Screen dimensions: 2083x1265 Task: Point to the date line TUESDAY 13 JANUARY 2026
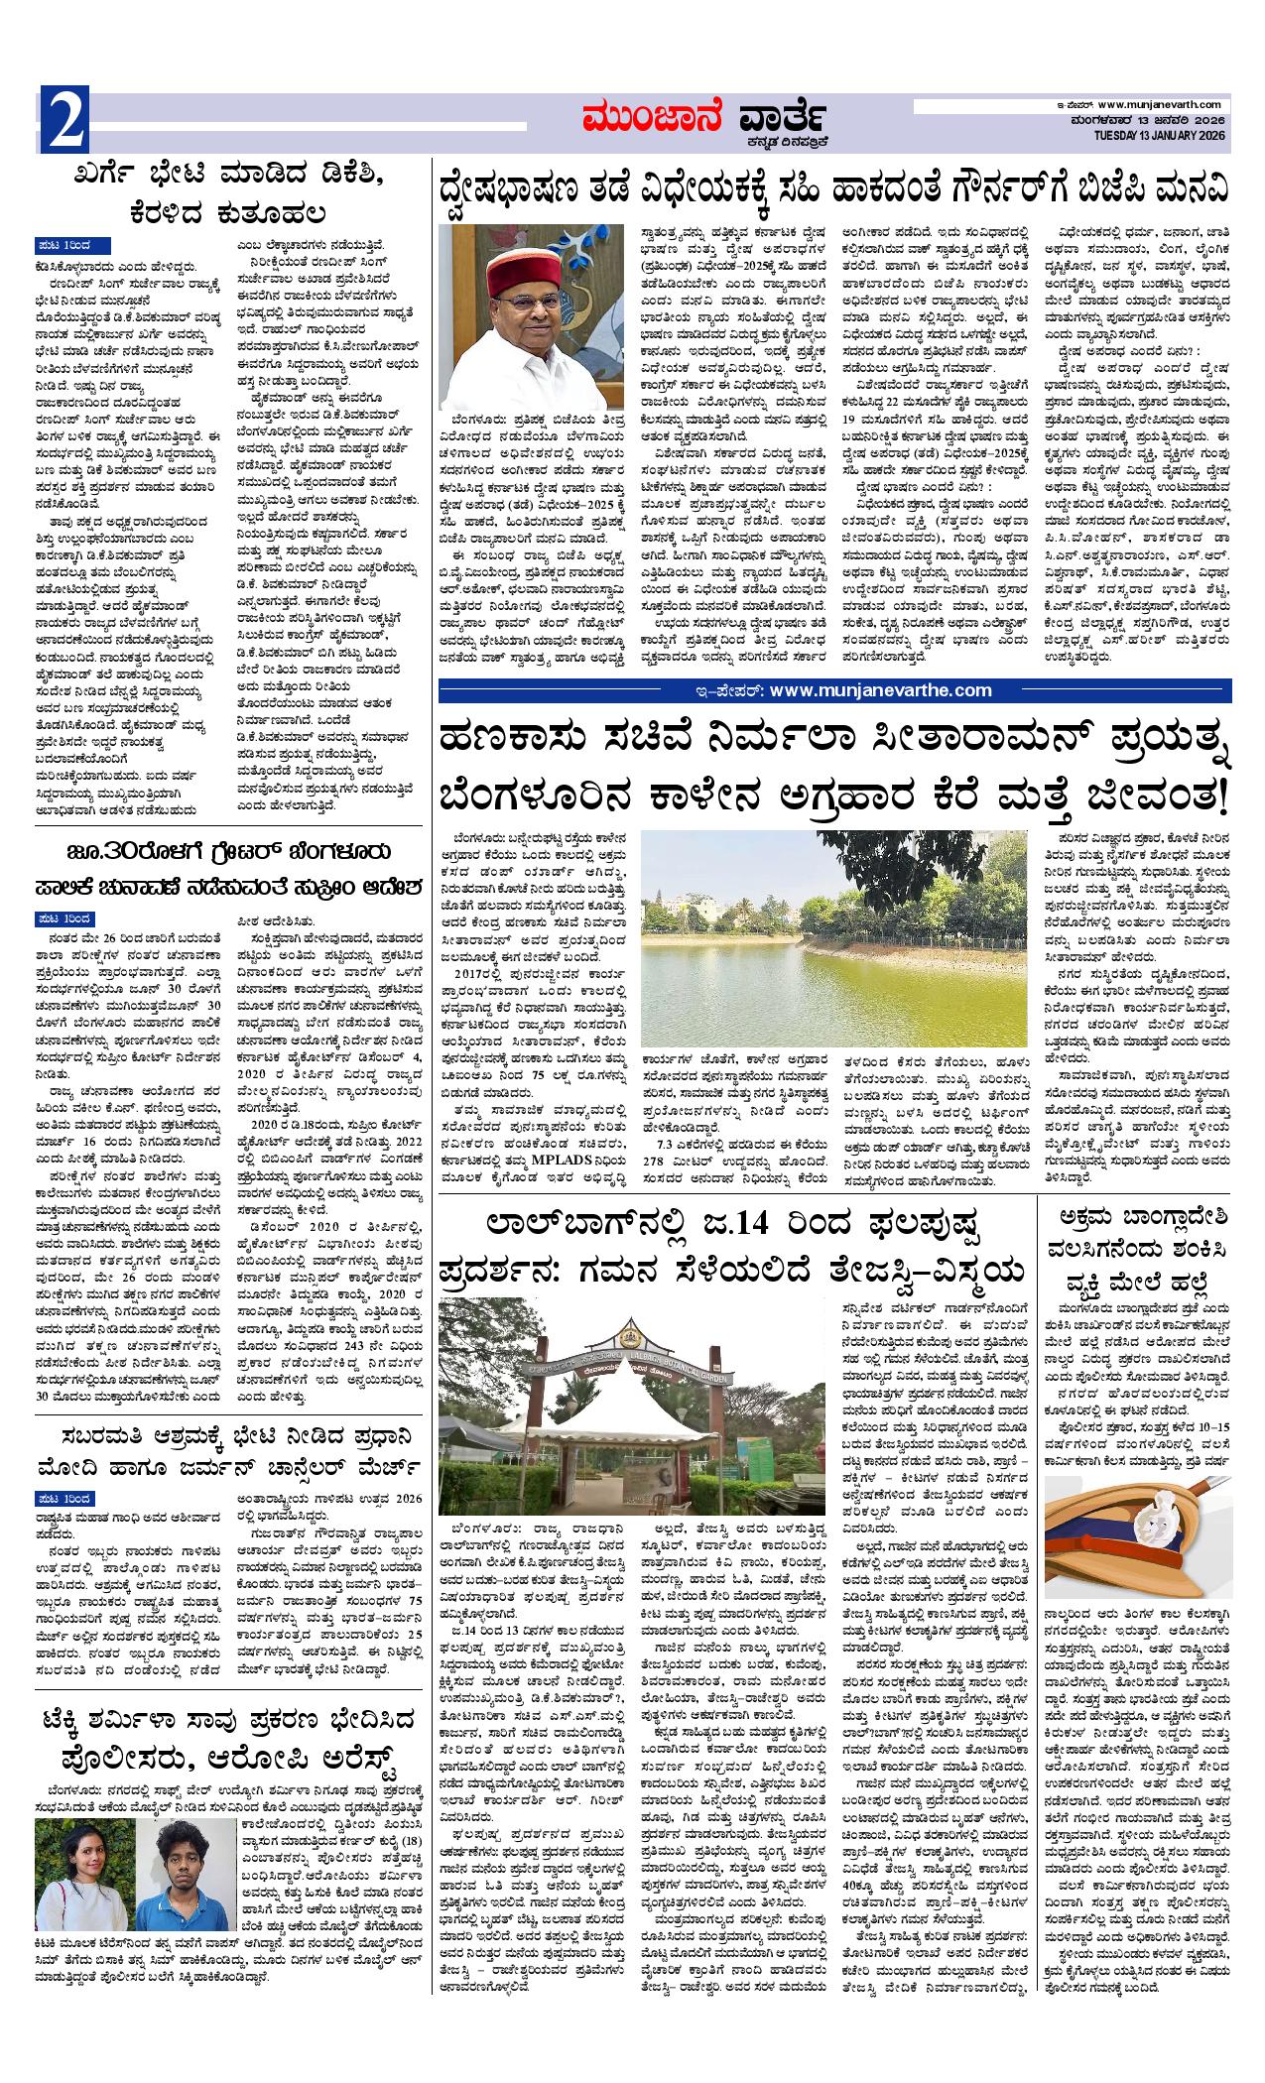point(1161,135)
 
